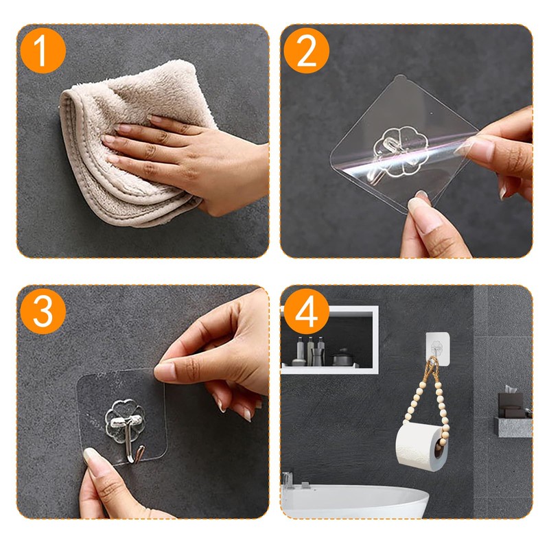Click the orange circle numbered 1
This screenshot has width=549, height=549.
43,51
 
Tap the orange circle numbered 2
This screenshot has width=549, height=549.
306,51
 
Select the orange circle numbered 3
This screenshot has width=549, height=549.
43,312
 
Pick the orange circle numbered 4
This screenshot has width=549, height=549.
306,312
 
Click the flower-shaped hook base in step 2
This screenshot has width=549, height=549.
401,151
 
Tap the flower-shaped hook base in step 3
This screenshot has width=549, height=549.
125,417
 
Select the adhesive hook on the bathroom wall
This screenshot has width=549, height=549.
438,349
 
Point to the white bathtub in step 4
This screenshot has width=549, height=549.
354,502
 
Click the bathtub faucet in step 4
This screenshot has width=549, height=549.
288,480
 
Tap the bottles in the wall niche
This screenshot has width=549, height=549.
309,351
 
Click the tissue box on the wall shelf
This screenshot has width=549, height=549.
511,403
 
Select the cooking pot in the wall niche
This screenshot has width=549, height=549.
342,358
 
